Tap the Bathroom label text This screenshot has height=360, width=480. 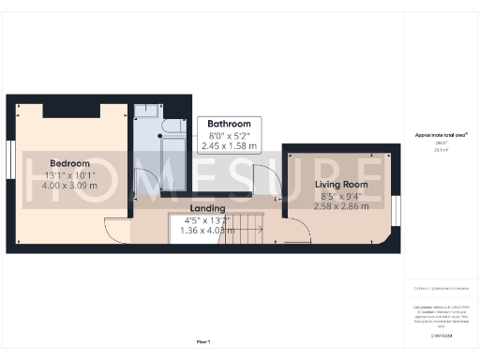click(229, 124)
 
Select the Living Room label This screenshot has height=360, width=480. click(340, 185)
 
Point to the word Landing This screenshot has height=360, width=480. click(206, 208)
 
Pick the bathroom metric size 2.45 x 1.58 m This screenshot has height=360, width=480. click(229, 146)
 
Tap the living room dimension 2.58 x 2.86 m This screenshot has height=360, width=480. click(340, 204)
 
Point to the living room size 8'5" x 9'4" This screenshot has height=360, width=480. click(340, 195)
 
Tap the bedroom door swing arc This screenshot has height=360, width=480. click(115, 230)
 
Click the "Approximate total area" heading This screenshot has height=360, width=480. click(441, 136)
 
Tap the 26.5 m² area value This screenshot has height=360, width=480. click(441, 149)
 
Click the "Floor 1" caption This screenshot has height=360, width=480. click(203, 342)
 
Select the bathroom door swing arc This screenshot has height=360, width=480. click(263, 179)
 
